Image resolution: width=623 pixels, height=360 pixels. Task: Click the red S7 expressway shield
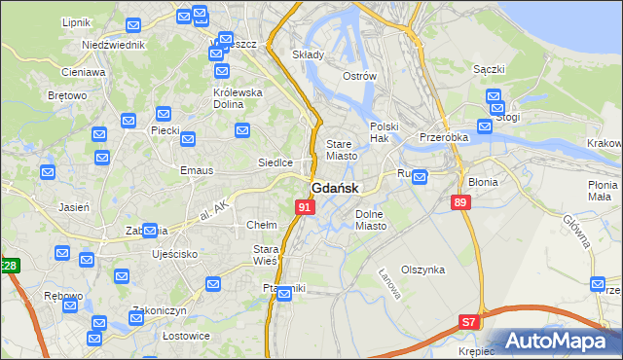click(x=469, y=321)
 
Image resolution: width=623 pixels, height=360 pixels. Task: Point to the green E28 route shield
click(x=9, y=266)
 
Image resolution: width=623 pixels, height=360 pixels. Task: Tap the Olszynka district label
click(x=429, y=270)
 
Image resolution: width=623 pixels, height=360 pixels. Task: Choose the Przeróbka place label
click(x=444, y=138)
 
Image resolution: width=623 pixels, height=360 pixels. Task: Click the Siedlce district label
click(x=275, y=162)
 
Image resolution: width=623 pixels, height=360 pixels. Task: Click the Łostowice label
click(x=160, y=336)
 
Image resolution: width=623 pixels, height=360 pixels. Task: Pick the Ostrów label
click(x=359, y=76)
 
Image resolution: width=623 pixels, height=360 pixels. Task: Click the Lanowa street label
click(x=389, y=282)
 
